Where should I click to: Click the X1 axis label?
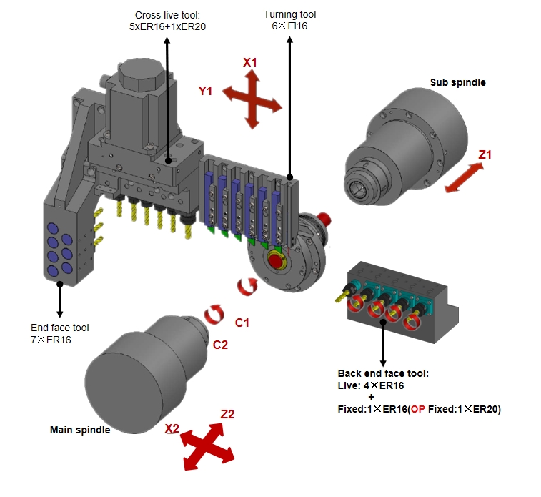tap(249, 63)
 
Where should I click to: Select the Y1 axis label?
tap(206, 92)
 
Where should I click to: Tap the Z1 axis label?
tap(485, 154)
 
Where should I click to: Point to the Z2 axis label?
tap(228, 414)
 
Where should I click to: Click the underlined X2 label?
tap(172, 428)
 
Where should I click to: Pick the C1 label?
tap(242, 323)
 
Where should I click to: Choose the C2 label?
tap(220, 345)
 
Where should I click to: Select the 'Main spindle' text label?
tap(80, 430)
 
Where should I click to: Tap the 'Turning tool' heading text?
tap(289, 14)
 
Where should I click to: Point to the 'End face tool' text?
tap(60, 328)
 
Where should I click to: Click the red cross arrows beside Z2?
tap(208, 446)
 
